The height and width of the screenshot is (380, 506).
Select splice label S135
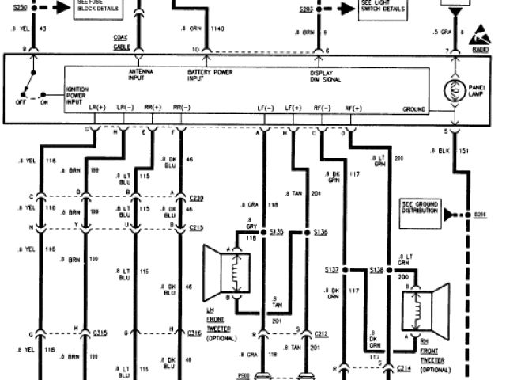point(276,232)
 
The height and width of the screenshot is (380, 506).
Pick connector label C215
point(197,227)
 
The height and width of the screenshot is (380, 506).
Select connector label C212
point(319,333)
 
